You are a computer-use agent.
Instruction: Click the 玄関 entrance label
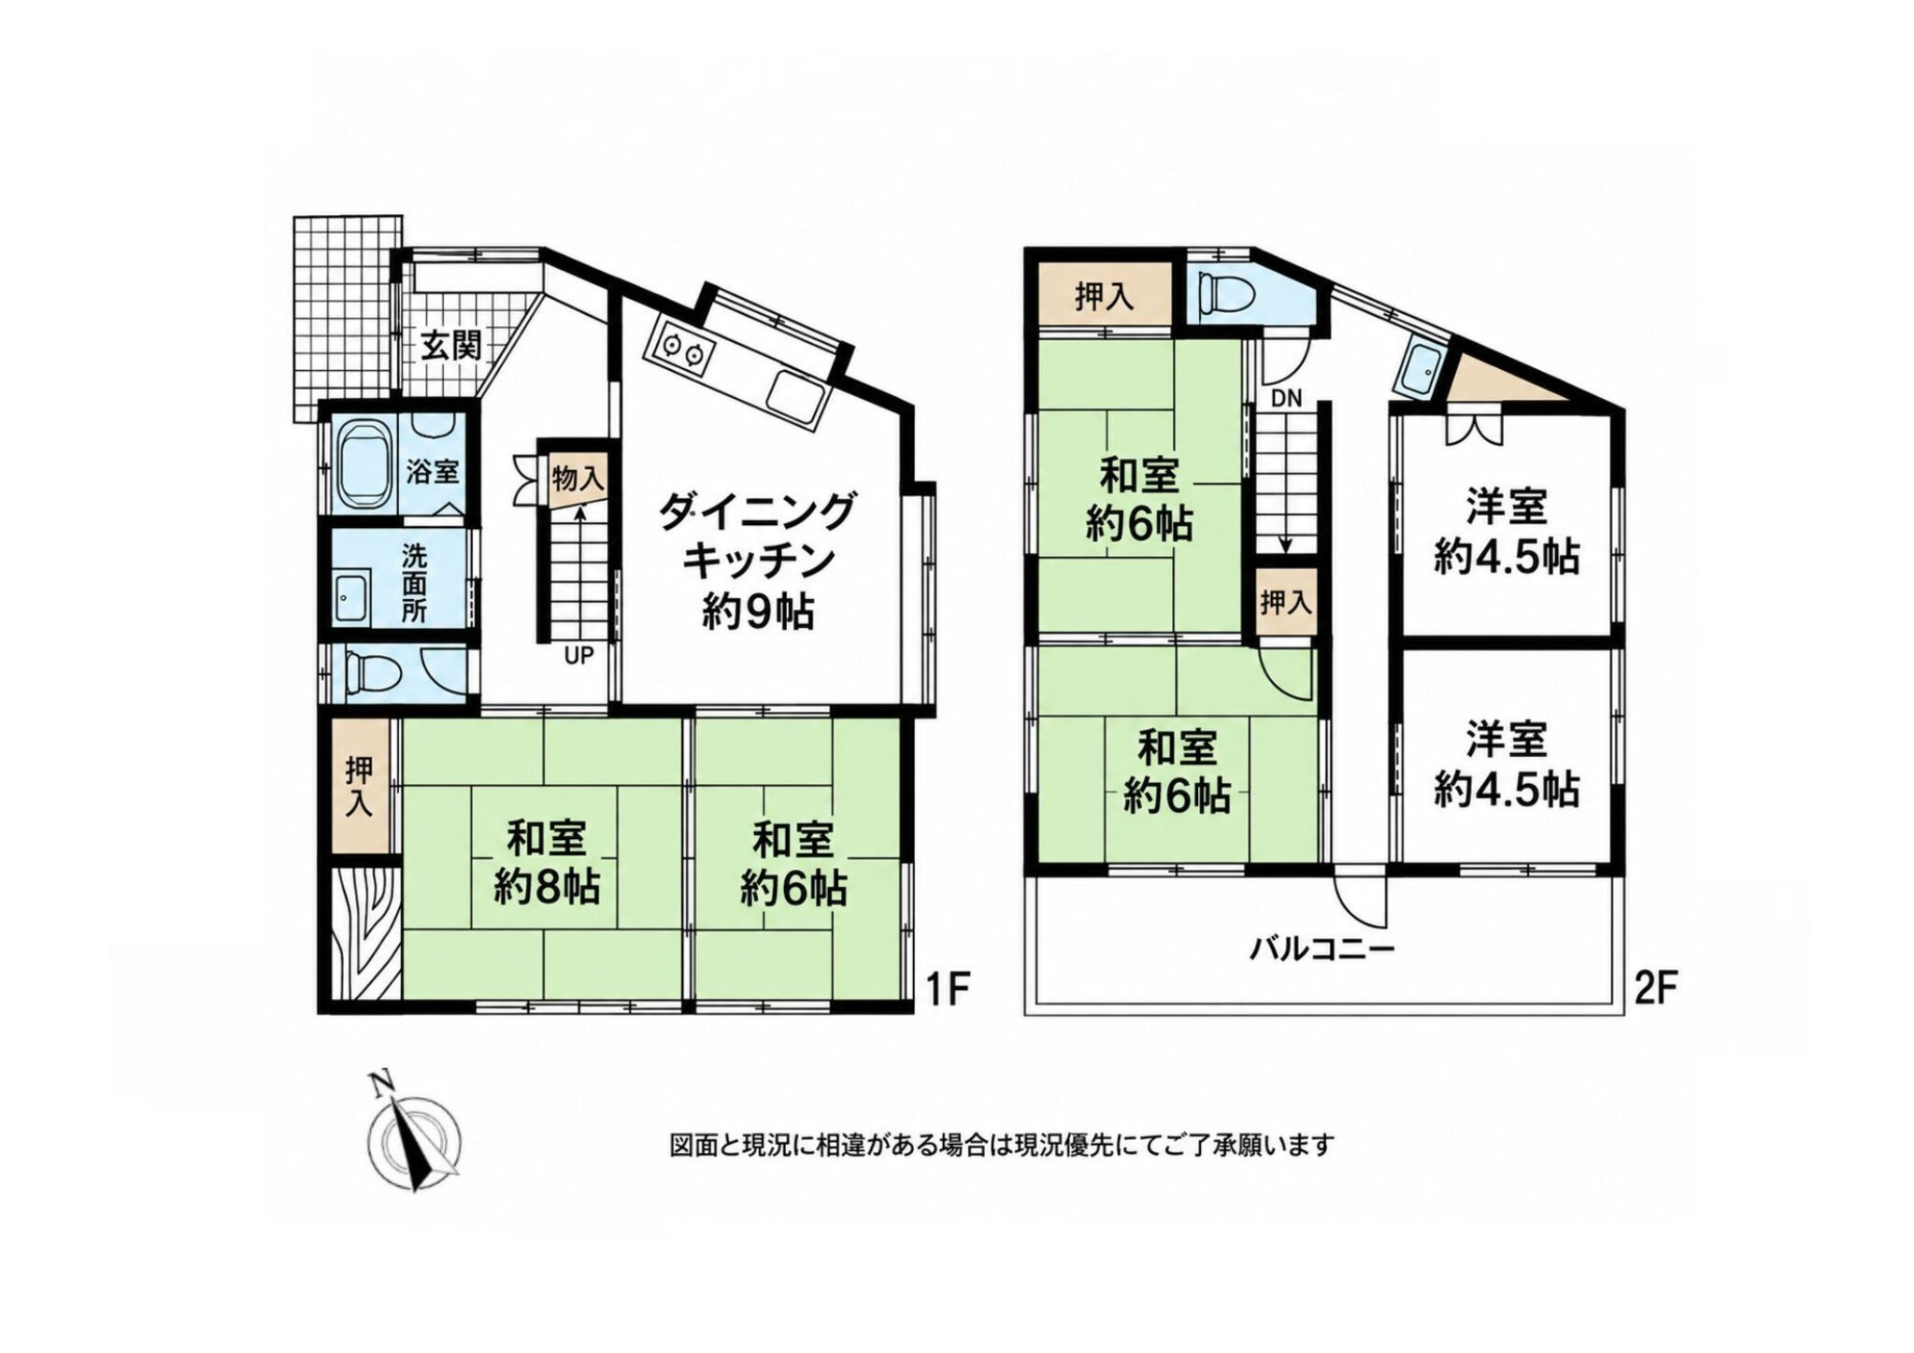[450, 347]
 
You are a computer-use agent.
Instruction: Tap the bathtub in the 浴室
[362, 464]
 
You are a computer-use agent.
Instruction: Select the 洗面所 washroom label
[414, 584]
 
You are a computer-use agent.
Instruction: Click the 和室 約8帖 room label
[547, 862]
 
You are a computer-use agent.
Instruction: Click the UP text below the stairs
[578, 656]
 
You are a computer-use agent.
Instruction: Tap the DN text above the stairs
[1286, 398]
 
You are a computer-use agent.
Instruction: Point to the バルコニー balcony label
[1322, 950]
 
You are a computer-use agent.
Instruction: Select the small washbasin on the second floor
[1420, 370]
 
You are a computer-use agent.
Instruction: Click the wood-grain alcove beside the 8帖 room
[365, 933]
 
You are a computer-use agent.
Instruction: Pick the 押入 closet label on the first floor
[360, 786]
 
